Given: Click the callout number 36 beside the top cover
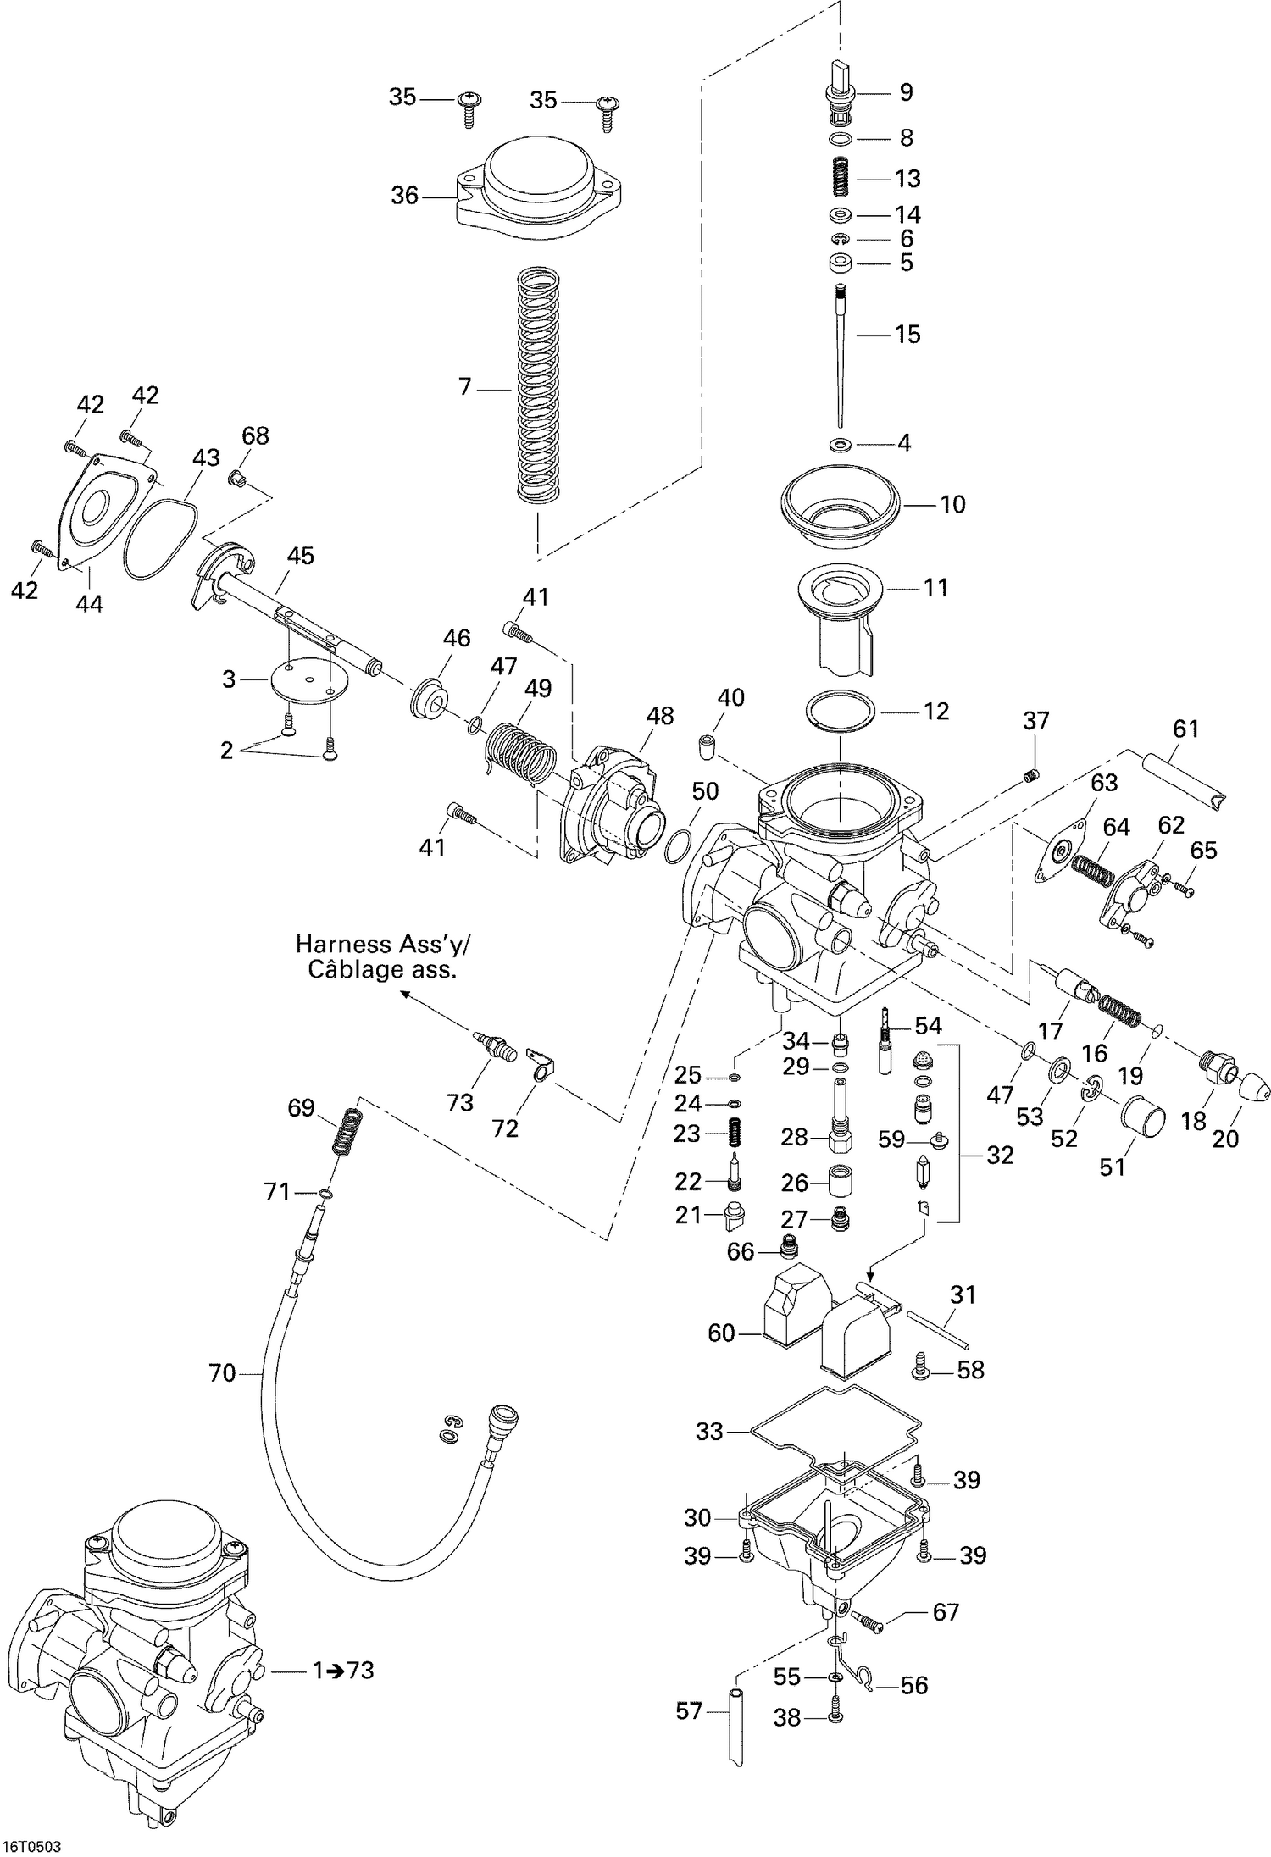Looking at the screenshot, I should pyautogui.click(x=404, y=196).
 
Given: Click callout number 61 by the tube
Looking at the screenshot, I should pyautogui.click(x=1185, y=728).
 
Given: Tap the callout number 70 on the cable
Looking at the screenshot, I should pyautogui.click(x=222, y=1372).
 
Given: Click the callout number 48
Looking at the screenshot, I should pyautogui.click(x=660, y=716).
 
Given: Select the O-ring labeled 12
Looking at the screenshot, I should pyautogui.click(x=840, y=710).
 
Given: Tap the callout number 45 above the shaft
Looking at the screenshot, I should pyautogui.click(x=300, y=556).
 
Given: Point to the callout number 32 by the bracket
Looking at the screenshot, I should pyautogui.click(x=1000, y=1155).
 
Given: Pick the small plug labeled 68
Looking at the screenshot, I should pyautogui.click(x=238, y=480).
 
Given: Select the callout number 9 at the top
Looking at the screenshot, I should pyautogui.click(x=906, y=91).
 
